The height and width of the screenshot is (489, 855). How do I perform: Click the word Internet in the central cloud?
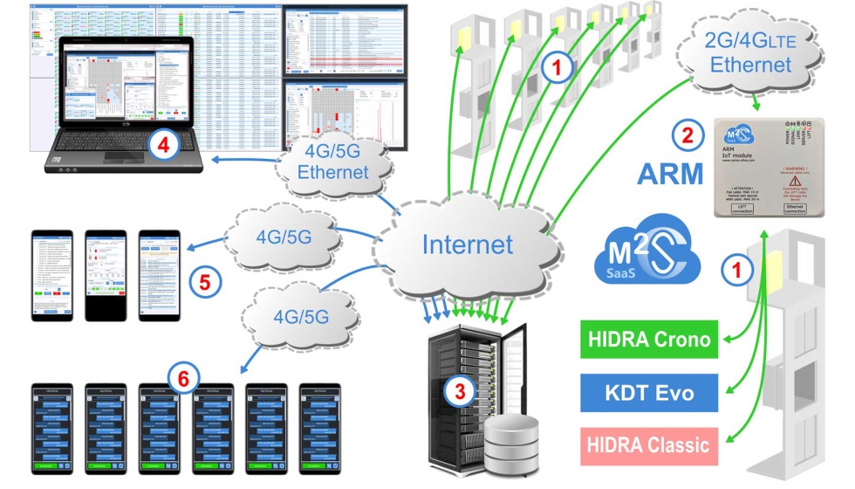point(467,244)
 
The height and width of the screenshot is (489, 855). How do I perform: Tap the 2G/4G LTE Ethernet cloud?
point(750,52)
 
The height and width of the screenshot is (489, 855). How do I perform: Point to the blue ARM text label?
point(670,173)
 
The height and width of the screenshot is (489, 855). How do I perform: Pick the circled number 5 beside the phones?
point(204,281)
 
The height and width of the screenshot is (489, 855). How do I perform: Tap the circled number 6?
point(182,377)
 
